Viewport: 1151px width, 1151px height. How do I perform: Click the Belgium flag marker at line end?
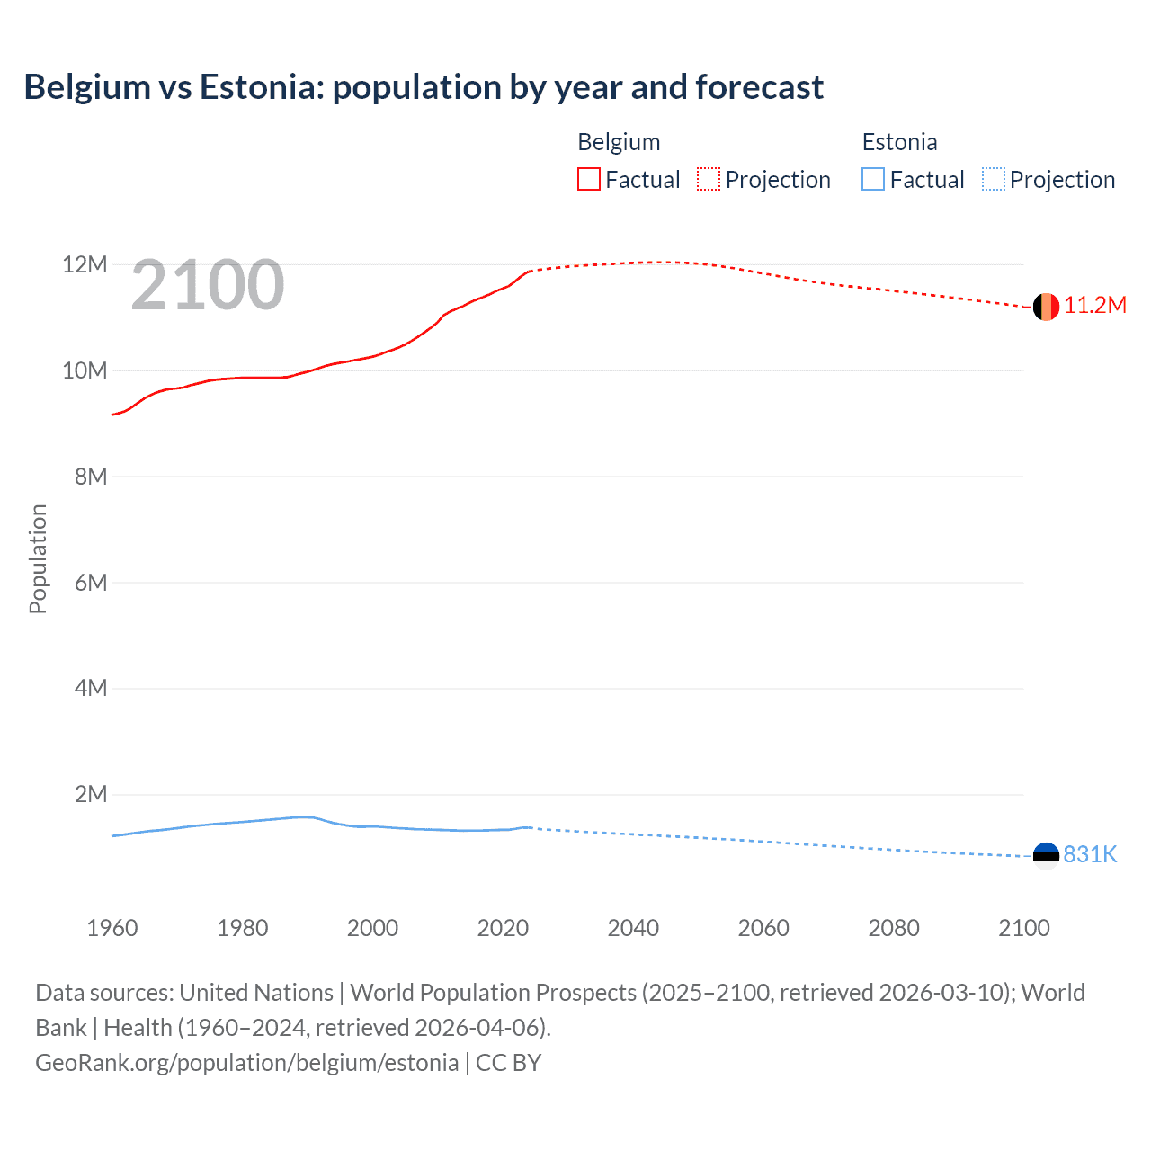(1046, 307)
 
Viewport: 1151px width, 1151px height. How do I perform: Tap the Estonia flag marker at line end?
(1046, 855)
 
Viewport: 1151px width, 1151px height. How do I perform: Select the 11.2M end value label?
(1095, 306)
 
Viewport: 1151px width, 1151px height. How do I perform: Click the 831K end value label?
(1090, 855)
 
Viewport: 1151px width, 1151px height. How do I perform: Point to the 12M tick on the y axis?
(85, 265)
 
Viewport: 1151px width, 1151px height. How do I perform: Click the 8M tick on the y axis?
(90, 477)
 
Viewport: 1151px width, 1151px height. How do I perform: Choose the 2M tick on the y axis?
(90, 795)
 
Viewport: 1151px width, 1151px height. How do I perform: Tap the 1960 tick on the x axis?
(112, 928)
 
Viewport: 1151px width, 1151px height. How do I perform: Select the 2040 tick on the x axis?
(633, 928)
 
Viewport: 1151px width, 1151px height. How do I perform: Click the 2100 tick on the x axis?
(1023, 928)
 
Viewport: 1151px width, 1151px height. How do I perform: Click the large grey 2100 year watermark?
(208, 286)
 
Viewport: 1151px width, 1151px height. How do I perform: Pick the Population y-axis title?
(38, 558)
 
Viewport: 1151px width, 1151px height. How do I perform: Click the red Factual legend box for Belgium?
(589, 180)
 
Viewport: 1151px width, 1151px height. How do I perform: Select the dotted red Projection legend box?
(709, 180)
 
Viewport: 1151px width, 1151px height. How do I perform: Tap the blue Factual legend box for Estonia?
(873, 180)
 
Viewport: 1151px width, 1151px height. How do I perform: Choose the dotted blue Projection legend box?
(993, 180)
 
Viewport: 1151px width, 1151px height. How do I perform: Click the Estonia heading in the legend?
(899, 142)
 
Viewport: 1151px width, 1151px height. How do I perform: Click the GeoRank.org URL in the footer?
(246, 1063)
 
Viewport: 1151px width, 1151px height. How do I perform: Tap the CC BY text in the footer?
(508, 1063)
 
